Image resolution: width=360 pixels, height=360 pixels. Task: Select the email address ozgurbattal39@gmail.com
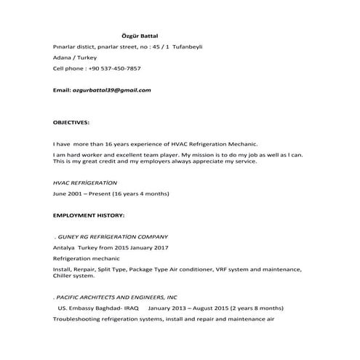[111, 90]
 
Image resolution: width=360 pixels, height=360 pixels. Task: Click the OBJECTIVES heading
[71, 122]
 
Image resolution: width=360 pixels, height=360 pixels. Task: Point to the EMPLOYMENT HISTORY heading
[89, 216]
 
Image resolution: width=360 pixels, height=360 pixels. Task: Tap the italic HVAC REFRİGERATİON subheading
[85, 183]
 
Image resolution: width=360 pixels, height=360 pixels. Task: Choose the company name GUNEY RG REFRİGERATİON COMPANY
[113, 237]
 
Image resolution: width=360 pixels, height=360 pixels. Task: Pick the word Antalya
[65, 247]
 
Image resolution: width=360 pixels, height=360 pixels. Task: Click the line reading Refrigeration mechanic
[85, 258]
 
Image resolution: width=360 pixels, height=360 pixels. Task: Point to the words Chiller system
[74, 276]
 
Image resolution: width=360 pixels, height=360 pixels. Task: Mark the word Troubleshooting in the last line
[78, 319]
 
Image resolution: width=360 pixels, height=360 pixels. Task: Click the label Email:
[62, 90]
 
